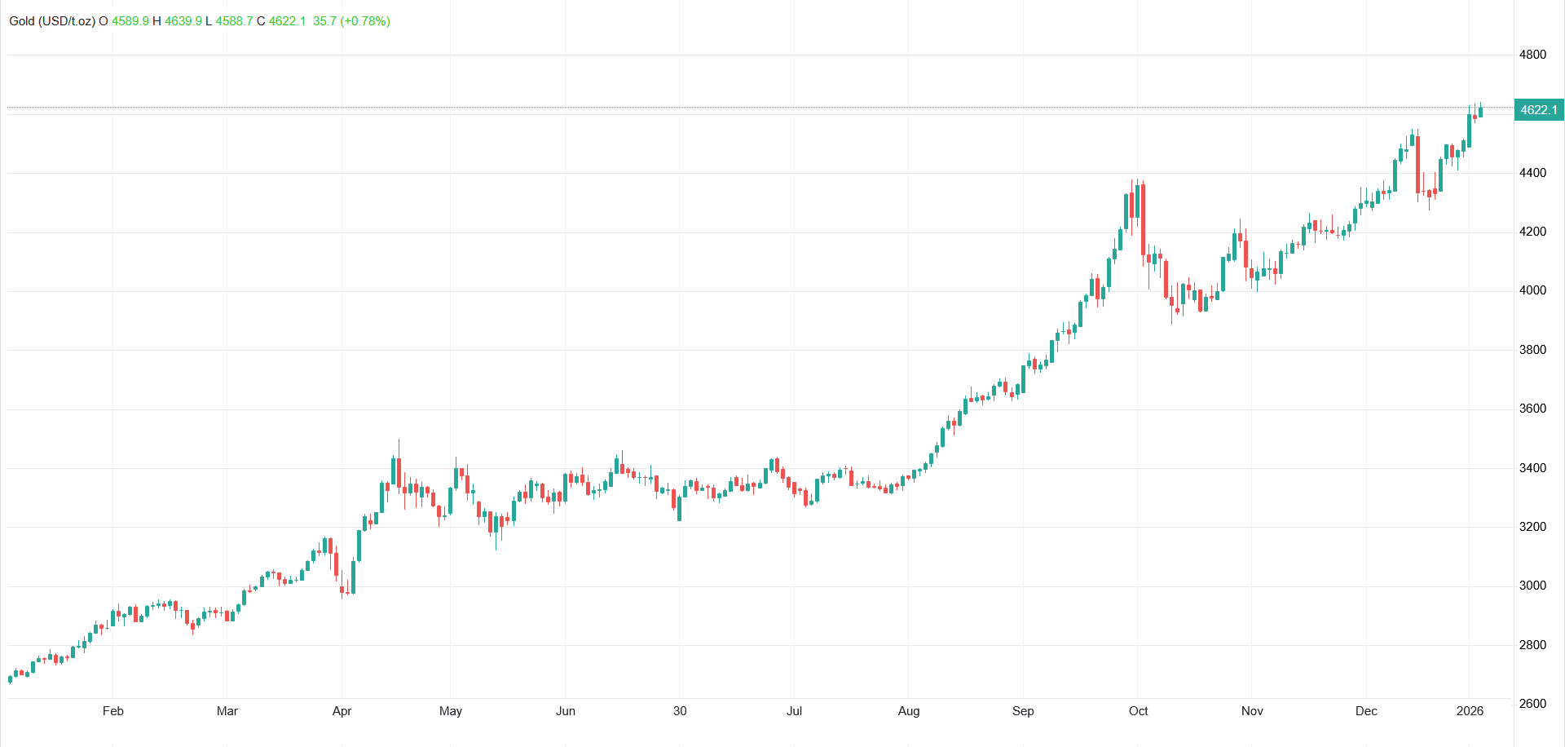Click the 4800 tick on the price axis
(x=1532, y=55)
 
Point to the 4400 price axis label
(x=1532, y=173)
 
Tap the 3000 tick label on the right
(x=1532, y=586)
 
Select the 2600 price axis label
(x=1532, y=704)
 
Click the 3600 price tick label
(x=1532, y=409)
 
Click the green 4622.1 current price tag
(x=1538, y=110)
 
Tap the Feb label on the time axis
(x=113, y=711)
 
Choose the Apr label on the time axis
(x=342, y=711)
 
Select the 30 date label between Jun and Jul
(x=680, y=711)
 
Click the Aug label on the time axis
(x=909, y=711)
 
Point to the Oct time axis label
(x=1139, y=711)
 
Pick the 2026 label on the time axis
(x=1470, y=711)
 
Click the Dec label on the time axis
(x=1367, y=711)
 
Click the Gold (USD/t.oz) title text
(x=52, y=21)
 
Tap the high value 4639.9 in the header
(x=183, y=21)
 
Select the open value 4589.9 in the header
(x=130, y=21)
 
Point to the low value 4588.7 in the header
(x=234, y=21)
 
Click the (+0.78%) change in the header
(x=365, y=21)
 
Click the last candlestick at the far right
(x=1480, y=111)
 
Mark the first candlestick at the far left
(x=10, y=678)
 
